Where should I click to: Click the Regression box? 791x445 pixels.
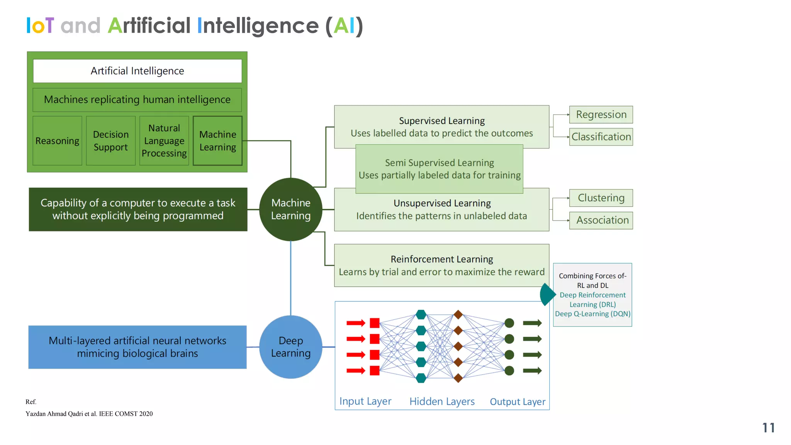click(x=601, y=115)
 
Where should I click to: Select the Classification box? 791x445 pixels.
click(x=601, y=137)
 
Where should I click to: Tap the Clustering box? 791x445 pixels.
click(x=601, y=198)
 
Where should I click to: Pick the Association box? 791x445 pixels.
click(x=601, y=220)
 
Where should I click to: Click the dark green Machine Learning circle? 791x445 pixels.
click(x=290, y=209)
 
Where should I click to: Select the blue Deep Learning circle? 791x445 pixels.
click(x=290, y=347)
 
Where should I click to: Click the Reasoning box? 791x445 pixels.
click(x=57, y=141)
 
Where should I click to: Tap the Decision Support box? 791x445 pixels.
click(x=111, y=141)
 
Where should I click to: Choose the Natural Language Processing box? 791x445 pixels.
click(x=164, y=141)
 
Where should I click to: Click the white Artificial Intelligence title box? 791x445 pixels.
click(x=137, y=71)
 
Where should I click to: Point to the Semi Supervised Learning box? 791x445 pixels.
click(x=439, y=169)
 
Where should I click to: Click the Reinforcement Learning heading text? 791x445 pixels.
click(x=441, y=259)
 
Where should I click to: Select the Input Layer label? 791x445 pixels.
click(x=365, y=401)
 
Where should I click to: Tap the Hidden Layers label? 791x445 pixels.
click(x=442, y=401)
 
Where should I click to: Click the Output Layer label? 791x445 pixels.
click(x=518, y=402)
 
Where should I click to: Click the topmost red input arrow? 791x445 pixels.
click(x=356, y=323)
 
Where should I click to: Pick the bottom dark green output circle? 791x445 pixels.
click(x=509, y=371)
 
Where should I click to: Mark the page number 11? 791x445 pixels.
click(x=768, y=428)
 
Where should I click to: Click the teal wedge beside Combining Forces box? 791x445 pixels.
click(x=547, y=294)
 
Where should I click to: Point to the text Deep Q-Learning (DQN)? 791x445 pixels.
click(x=592, y=314)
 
